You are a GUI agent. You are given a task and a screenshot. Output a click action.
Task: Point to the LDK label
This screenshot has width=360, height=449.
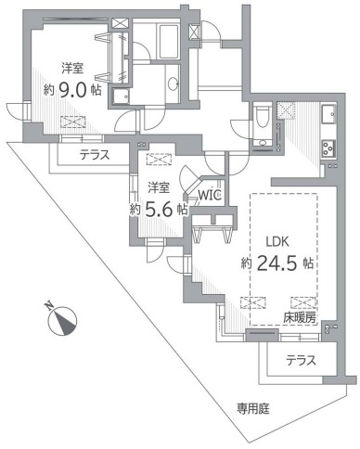point(278,241)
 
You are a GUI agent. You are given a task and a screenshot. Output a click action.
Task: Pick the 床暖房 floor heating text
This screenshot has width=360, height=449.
point(300,317)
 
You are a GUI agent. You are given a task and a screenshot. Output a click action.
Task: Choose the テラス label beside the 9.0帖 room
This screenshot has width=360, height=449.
point(97,155)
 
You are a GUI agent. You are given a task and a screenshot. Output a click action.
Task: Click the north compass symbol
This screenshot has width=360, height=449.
point(62,321)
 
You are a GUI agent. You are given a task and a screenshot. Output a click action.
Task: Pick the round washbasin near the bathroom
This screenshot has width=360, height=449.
point(174,83)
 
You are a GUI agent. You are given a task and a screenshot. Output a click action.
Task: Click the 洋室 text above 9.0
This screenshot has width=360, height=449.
point(74,69)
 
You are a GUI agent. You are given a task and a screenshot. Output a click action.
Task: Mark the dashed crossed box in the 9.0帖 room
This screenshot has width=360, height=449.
point(72,122)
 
